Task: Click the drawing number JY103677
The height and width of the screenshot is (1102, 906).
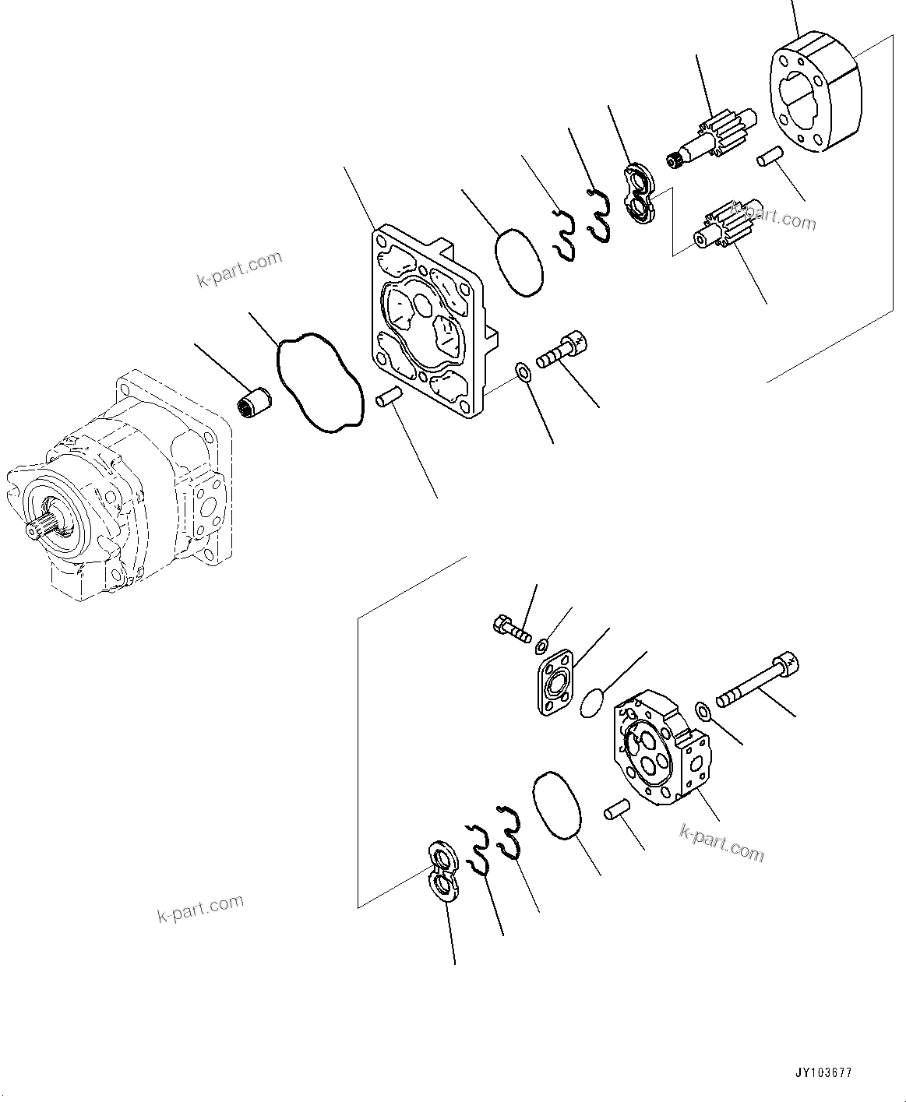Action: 824,1072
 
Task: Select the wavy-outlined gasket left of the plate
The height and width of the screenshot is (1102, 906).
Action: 319,382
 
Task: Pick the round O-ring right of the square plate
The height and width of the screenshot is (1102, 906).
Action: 518,262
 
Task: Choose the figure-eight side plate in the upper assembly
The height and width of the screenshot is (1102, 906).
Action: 643,195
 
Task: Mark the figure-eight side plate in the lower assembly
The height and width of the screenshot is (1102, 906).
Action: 445,872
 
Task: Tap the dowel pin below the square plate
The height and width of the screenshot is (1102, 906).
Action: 388,397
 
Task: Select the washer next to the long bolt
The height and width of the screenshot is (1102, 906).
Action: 702,709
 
